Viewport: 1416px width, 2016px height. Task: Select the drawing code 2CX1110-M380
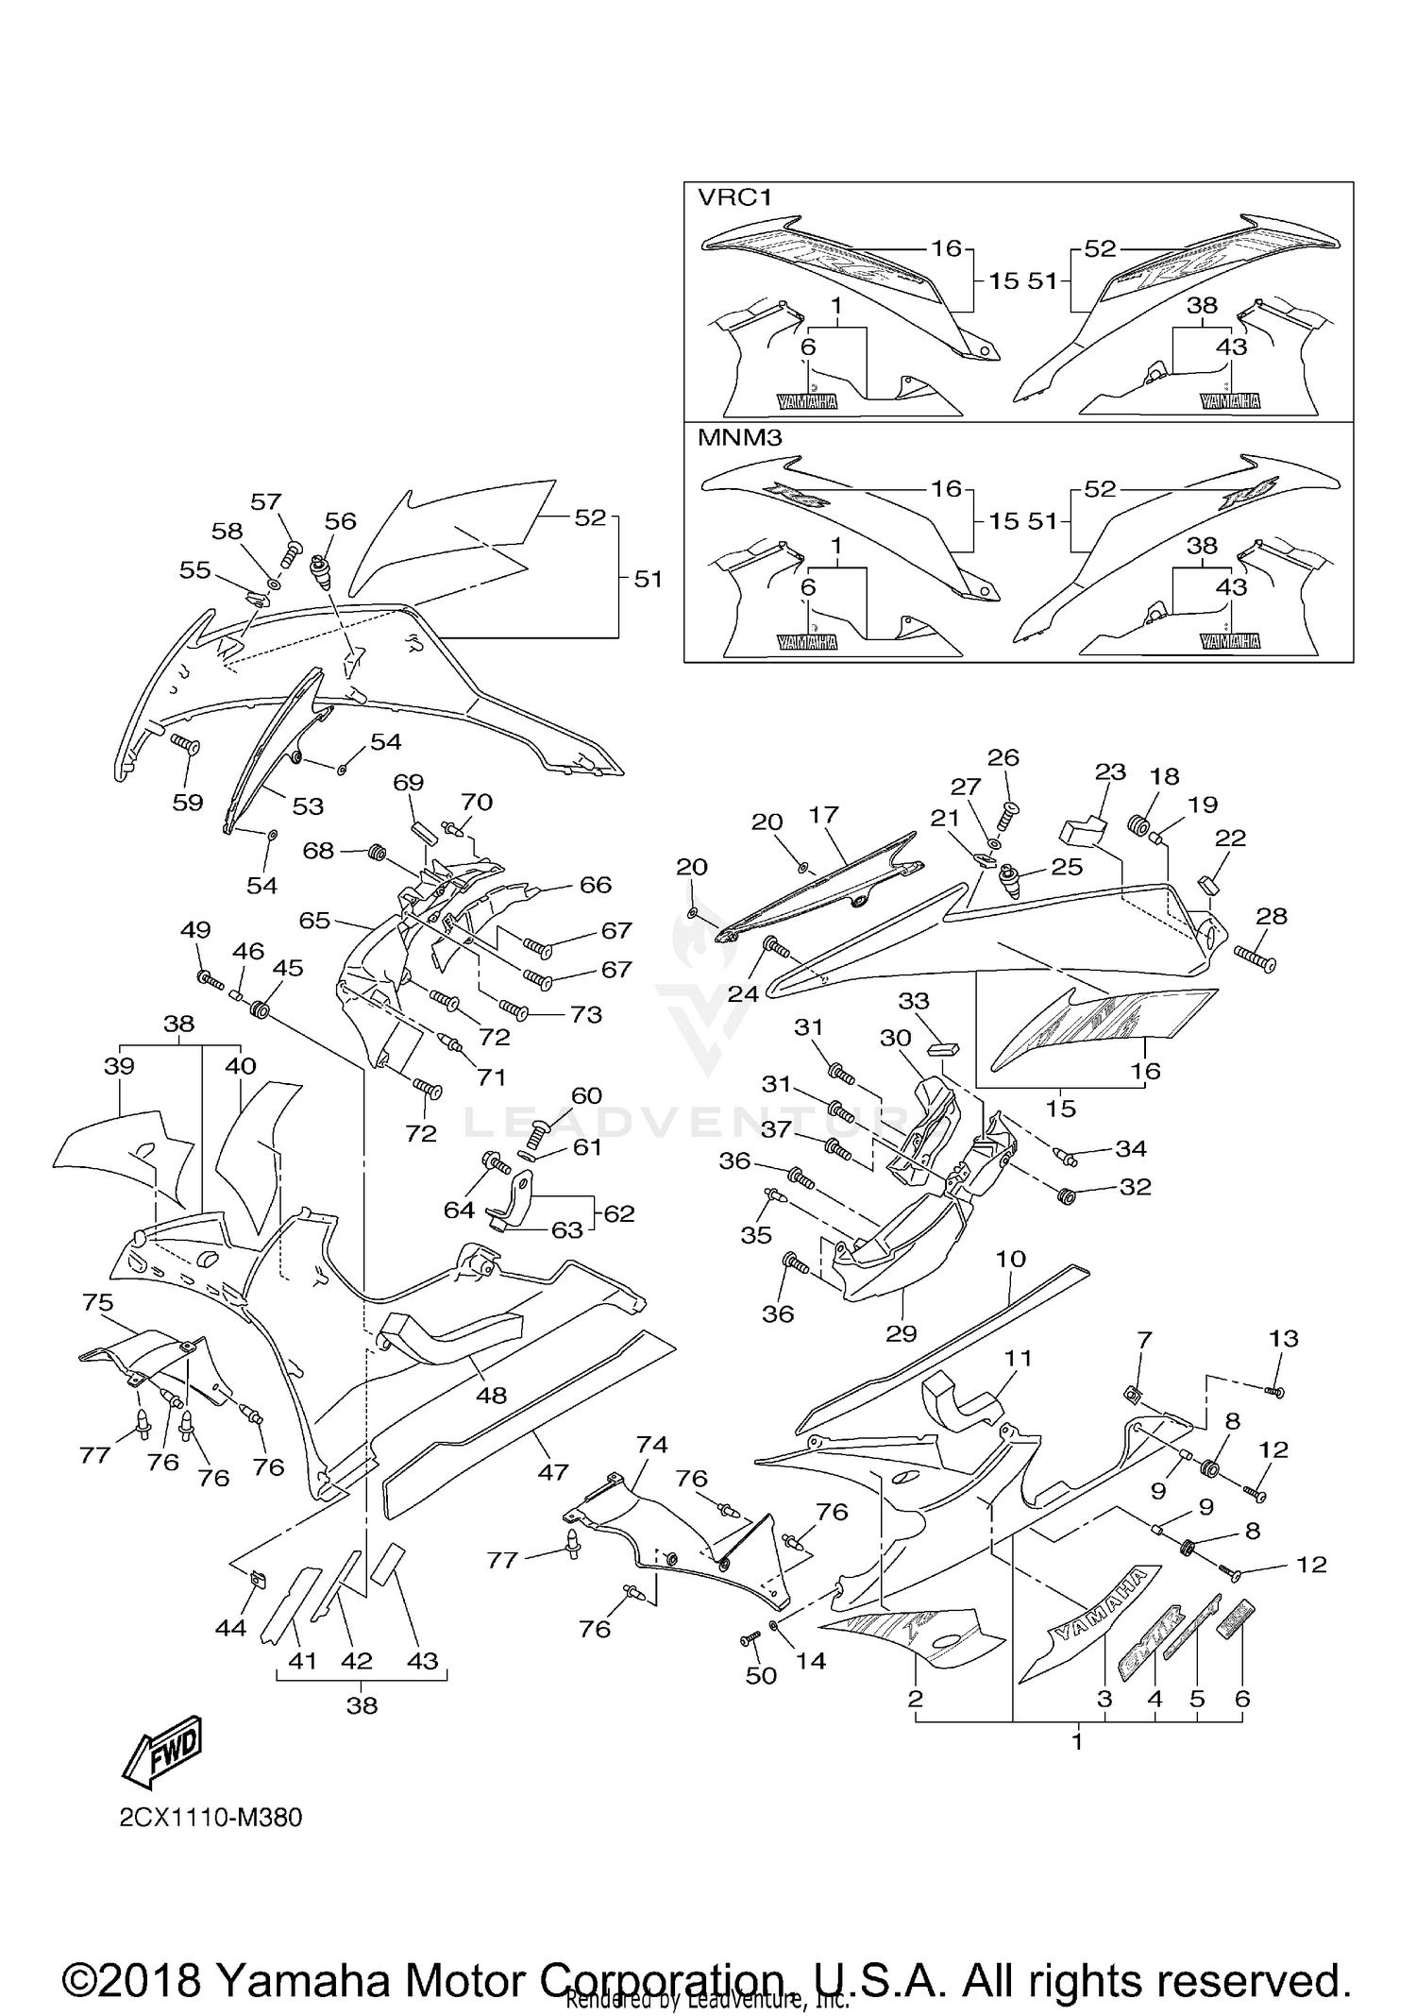click(x=211, y=1818)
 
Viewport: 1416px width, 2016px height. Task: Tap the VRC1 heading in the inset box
click(x=734, y=197)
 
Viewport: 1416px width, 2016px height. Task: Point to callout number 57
click(x=266, y=501)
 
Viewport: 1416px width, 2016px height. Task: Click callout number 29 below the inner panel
click(x=902, y=1333)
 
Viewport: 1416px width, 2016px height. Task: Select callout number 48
click(x=491, y=1395)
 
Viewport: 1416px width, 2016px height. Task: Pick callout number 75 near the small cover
click(x=98, y=1303)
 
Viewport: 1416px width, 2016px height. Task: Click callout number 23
click(x=1111, y=771)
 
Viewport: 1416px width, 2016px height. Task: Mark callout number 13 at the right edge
click(x=1284, y=1338)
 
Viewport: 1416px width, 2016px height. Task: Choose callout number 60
click(x=586, y=1095)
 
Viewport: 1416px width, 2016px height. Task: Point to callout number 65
click(x=314, y=920)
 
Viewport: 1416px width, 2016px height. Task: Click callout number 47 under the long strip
click(x=553, y=1471)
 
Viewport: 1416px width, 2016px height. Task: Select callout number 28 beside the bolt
click(x=1272, y=916)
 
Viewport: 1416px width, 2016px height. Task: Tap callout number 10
click(x=1010, y=1259)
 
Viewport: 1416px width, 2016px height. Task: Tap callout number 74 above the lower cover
click(x=651, y=1445)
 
